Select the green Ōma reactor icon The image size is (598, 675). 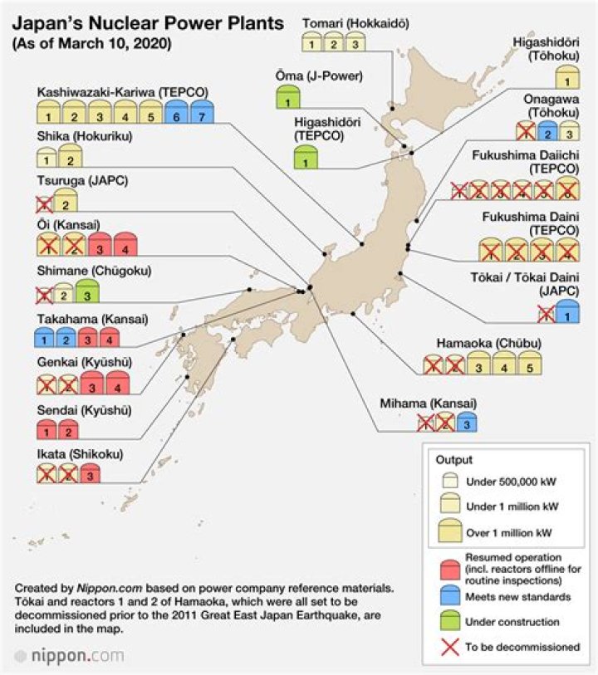point(287,100)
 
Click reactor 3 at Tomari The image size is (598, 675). point(355,43)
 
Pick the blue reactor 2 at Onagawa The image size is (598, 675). point(546,131)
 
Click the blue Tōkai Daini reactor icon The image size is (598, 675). point(567,313)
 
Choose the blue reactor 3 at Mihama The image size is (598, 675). point(467,423)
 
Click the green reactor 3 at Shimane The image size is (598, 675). point(87,291)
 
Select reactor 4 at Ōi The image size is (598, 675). point(125,246)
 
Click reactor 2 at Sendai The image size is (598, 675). point(68,430)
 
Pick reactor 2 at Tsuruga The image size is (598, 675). point(66,200)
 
